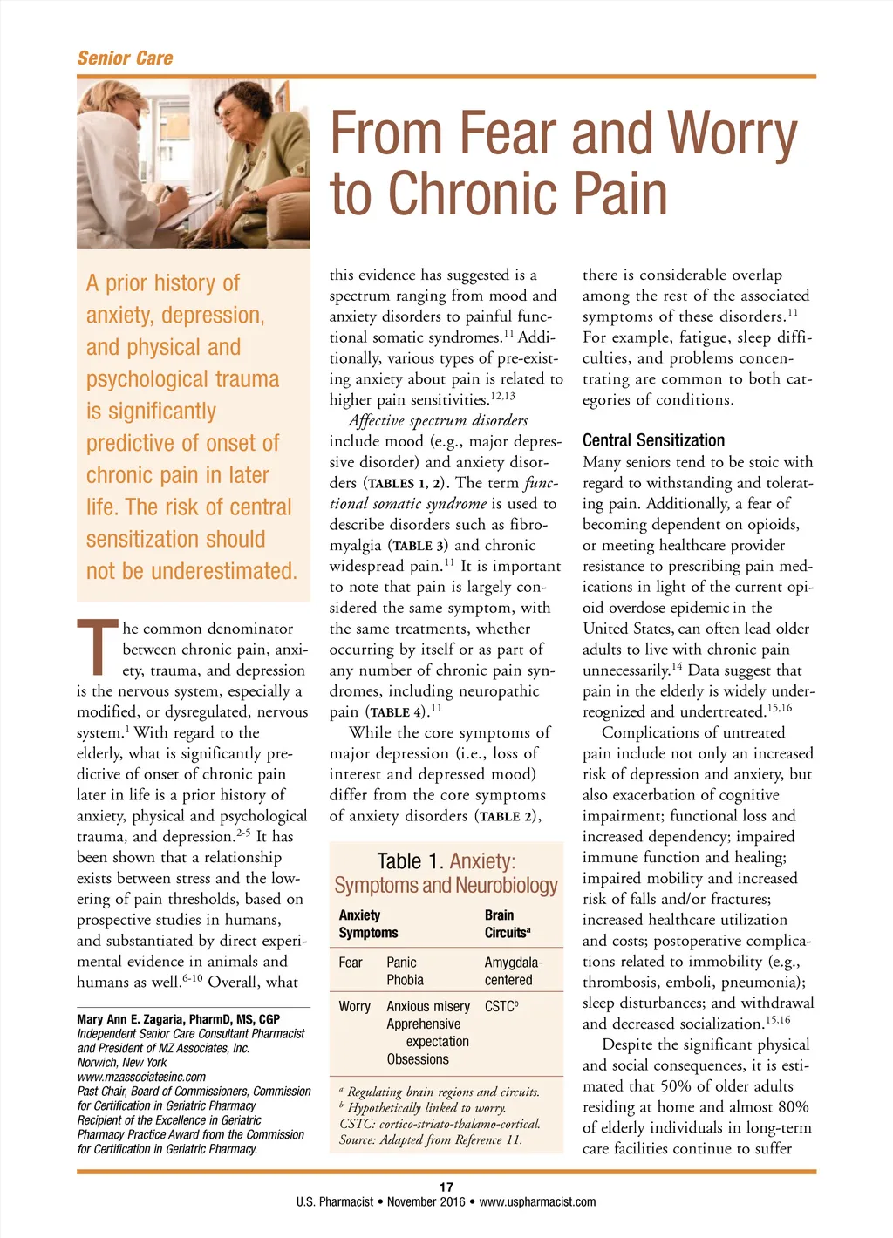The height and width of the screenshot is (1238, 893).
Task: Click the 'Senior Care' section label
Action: tap(125, 58)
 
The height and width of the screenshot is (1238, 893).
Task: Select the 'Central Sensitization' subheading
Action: tap(653, 440)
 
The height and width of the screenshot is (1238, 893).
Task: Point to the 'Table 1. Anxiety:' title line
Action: tap(446, 861)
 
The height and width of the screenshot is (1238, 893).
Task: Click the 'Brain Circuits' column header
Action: tap(507, 923)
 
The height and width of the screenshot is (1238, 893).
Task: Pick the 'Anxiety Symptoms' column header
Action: tap(368, 923)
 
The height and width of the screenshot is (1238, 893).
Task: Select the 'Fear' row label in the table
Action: tap(351, 963)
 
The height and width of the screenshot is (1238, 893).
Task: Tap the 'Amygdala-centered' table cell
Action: tap(513, 971)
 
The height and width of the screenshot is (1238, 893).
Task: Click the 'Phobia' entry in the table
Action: tap(405, 980)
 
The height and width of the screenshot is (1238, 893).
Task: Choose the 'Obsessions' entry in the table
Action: tap(418, 1059)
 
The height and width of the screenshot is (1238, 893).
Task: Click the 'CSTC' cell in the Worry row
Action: tap(501, 1006)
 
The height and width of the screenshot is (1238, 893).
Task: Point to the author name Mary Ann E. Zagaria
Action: tap(178, 1019)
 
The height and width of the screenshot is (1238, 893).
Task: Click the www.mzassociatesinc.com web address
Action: tap(141, 1077)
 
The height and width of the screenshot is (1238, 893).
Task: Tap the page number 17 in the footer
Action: tap(446, 1187)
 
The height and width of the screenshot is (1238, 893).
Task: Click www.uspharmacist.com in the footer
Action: tap(537, 1201)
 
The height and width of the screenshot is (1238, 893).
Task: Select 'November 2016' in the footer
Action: tap(426, 1201)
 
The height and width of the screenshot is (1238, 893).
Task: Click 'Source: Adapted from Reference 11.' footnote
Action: tap(431, 1139)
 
